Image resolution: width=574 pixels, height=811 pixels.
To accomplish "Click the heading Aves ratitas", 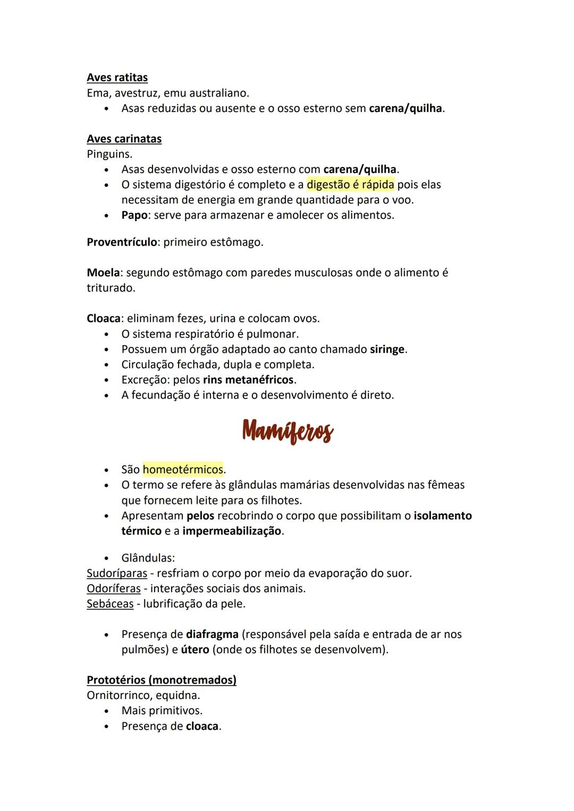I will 117,78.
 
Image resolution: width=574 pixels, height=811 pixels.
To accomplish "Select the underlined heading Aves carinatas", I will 124,139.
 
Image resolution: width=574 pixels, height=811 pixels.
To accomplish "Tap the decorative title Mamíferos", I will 288,431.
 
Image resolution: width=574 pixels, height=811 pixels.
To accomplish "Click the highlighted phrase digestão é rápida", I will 350,185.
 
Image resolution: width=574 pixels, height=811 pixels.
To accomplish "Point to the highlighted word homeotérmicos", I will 183,469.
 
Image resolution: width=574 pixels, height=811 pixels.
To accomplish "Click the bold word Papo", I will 134,216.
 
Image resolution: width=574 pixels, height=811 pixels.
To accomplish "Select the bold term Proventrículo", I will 122,242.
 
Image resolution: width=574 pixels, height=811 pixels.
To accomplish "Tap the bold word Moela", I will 103,273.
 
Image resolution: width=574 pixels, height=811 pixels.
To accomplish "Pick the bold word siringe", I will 387,349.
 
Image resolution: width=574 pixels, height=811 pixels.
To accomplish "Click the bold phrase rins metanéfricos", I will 248,380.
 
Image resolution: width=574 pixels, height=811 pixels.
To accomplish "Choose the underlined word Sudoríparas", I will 116,574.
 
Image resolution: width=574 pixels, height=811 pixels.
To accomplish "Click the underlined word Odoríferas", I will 113,588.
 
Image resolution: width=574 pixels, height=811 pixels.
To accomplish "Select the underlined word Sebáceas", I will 110,604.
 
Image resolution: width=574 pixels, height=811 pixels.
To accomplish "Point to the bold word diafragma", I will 212,634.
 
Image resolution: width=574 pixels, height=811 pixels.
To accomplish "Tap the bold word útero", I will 195,650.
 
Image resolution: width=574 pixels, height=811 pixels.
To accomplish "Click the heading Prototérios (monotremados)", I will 162,680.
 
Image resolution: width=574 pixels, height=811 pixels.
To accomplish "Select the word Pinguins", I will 109,155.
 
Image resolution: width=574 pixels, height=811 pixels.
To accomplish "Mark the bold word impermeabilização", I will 231,531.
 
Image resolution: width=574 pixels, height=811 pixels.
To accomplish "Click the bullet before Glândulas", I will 108,559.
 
